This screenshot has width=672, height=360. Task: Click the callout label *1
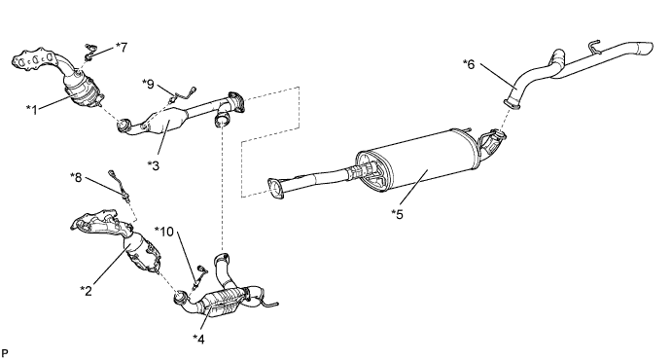(x=32, y=109)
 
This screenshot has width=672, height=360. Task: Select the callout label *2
(x=87, y=291)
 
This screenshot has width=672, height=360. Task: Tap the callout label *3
(x=153, y=165)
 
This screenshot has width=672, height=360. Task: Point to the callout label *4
(x=198, y=339)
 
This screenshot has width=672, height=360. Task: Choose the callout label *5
(x=398, y=214)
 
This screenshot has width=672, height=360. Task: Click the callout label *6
(x=469, y=64)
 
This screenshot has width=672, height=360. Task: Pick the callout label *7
(x=122, y=47)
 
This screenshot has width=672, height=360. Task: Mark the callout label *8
(x=76, y=177)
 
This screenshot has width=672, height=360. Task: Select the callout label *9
(x=148, y=84)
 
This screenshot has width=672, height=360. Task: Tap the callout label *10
(x=164, y=232)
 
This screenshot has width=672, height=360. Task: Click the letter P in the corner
(x=5, y=353)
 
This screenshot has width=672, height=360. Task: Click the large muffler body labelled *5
(x=420, y=161)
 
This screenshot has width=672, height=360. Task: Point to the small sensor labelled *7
(x=89, y=51)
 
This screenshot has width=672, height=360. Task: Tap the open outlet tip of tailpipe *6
(x=646, y=48)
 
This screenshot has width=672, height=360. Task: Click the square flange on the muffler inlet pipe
(x=275, y=189)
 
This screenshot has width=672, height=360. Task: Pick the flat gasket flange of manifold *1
(x=34, y=60)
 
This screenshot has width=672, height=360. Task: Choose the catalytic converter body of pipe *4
(x=223, y=303)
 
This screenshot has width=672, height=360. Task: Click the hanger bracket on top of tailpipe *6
(x=594, y=47)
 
